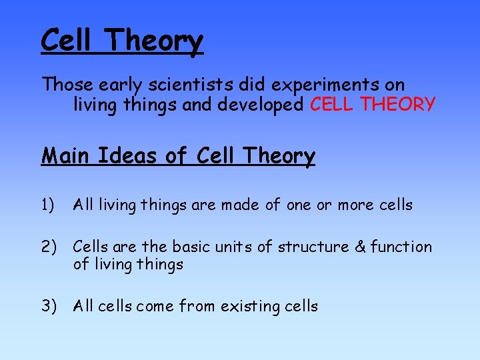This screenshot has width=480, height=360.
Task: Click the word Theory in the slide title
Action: pos(154,41)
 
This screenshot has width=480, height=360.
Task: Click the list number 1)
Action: pos(49,205)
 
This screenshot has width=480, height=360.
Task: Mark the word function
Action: pos(401,247)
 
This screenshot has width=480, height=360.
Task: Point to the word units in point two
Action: pos(234,247)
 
